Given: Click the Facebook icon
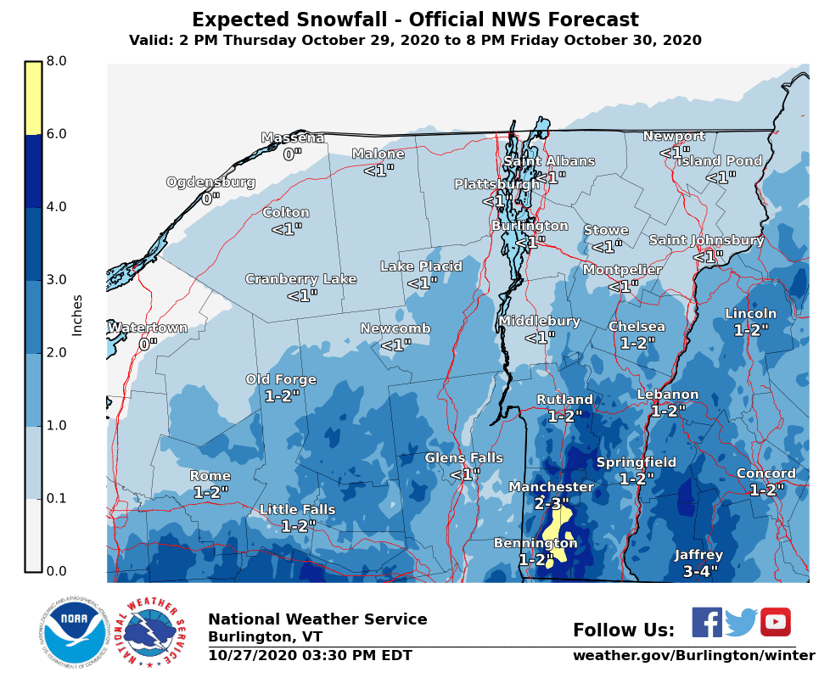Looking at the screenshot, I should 707,622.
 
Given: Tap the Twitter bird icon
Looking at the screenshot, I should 741,622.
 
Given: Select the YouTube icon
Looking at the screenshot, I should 775,622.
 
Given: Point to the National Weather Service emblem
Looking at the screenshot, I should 150,633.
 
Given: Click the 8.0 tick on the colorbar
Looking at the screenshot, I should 56,61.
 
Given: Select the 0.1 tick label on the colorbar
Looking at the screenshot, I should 56,498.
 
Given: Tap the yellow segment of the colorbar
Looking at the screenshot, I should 33,98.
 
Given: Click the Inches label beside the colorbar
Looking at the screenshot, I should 77,315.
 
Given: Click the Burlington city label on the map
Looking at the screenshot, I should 530,227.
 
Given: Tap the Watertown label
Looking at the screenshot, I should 148,328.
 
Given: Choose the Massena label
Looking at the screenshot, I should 292,138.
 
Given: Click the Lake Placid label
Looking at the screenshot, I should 421,267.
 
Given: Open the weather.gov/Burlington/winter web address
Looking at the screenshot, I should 693,656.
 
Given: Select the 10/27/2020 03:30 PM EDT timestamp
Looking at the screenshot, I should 310,656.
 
